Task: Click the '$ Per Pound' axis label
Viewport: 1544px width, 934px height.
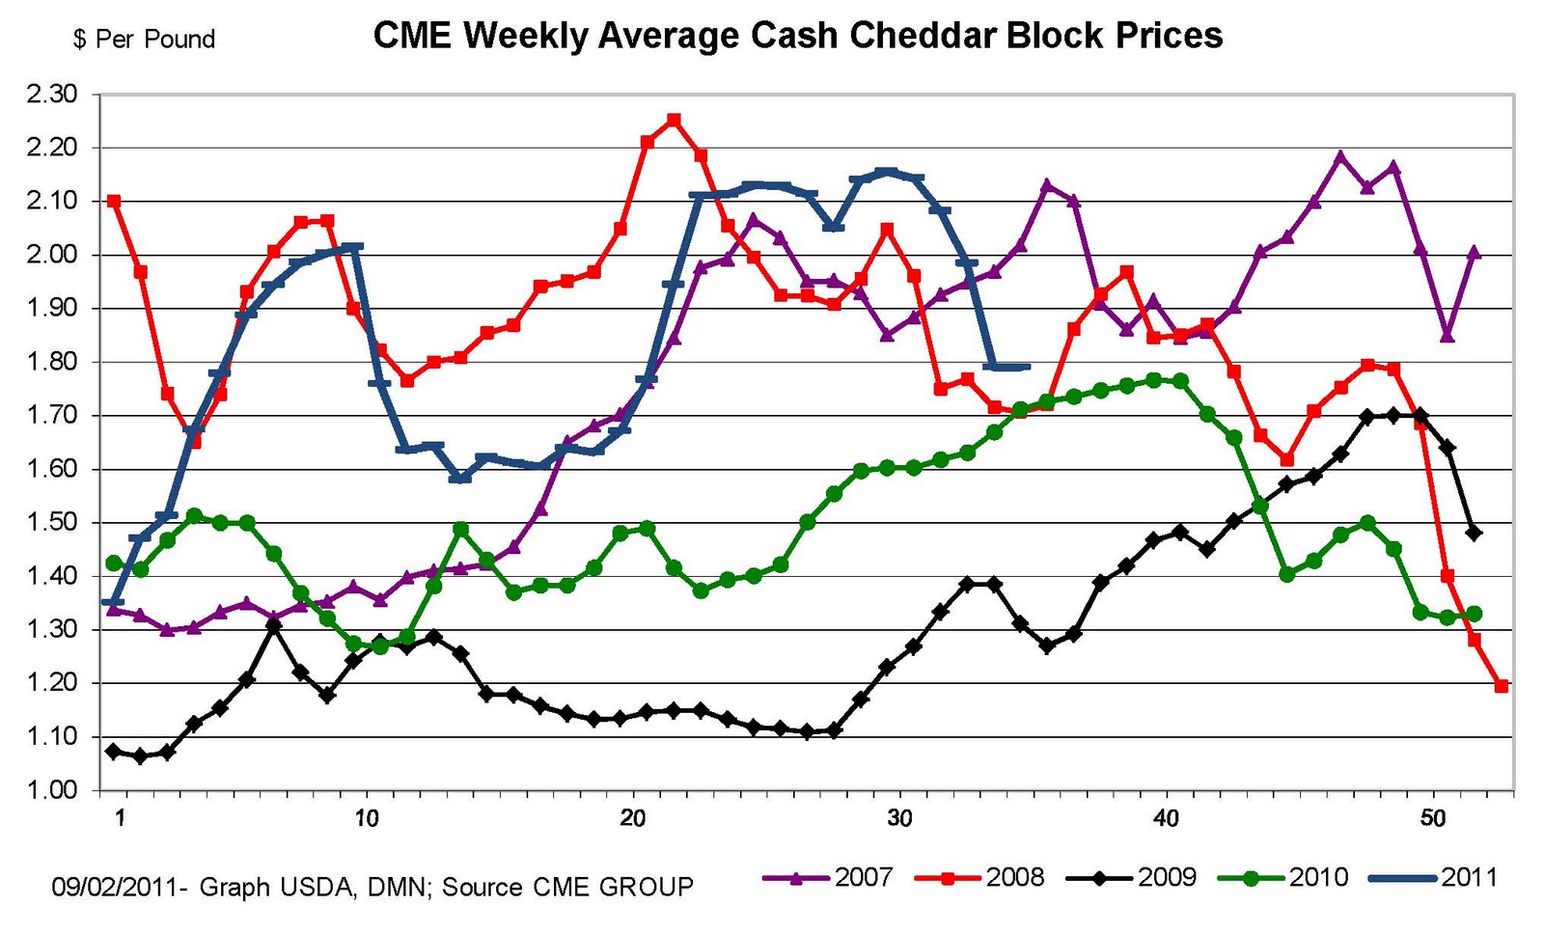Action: pyautogui.click(x=144, y=40)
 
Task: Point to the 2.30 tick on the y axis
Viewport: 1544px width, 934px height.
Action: pyautogui.click(x=51, y=95)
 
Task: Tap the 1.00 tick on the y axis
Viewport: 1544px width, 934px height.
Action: pyautogui.click(x=51, y=790)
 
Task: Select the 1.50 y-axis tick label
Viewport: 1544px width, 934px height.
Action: pyautogui.click(x=51, y=523)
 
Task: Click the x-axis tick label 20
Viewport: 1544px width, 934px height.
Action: pyautogui.click(x=632, y=819)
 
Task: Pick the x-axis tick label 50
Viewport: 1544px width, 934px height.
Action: pyautogui.click(x=1433, y=819)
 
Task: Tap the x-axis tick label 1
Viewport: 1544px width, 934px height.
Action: pyautogui.click(x=120, y=819)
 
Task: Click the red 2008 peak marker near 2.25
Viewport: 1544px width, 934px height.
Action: pyautogui.click(x=674, y=121)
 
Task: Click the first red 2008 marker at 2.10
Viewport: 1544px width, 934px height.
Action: pyautogui.click(x=114, y=202)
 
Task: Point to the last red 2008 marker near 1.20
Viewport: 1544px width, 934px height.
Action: pyautogui.click(x=1502, y=686)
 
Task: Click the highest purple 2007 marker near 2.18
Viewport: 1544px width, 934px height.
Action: pyautogui.click(x=1340, y=156)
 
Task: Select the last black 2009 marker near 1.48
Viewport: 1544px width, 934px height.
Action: pyautogui.click(x=1475, y=533)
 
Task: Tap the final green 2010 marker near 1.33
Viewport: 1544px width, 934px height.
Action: pyautogui.click(x=1475, y=614)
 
